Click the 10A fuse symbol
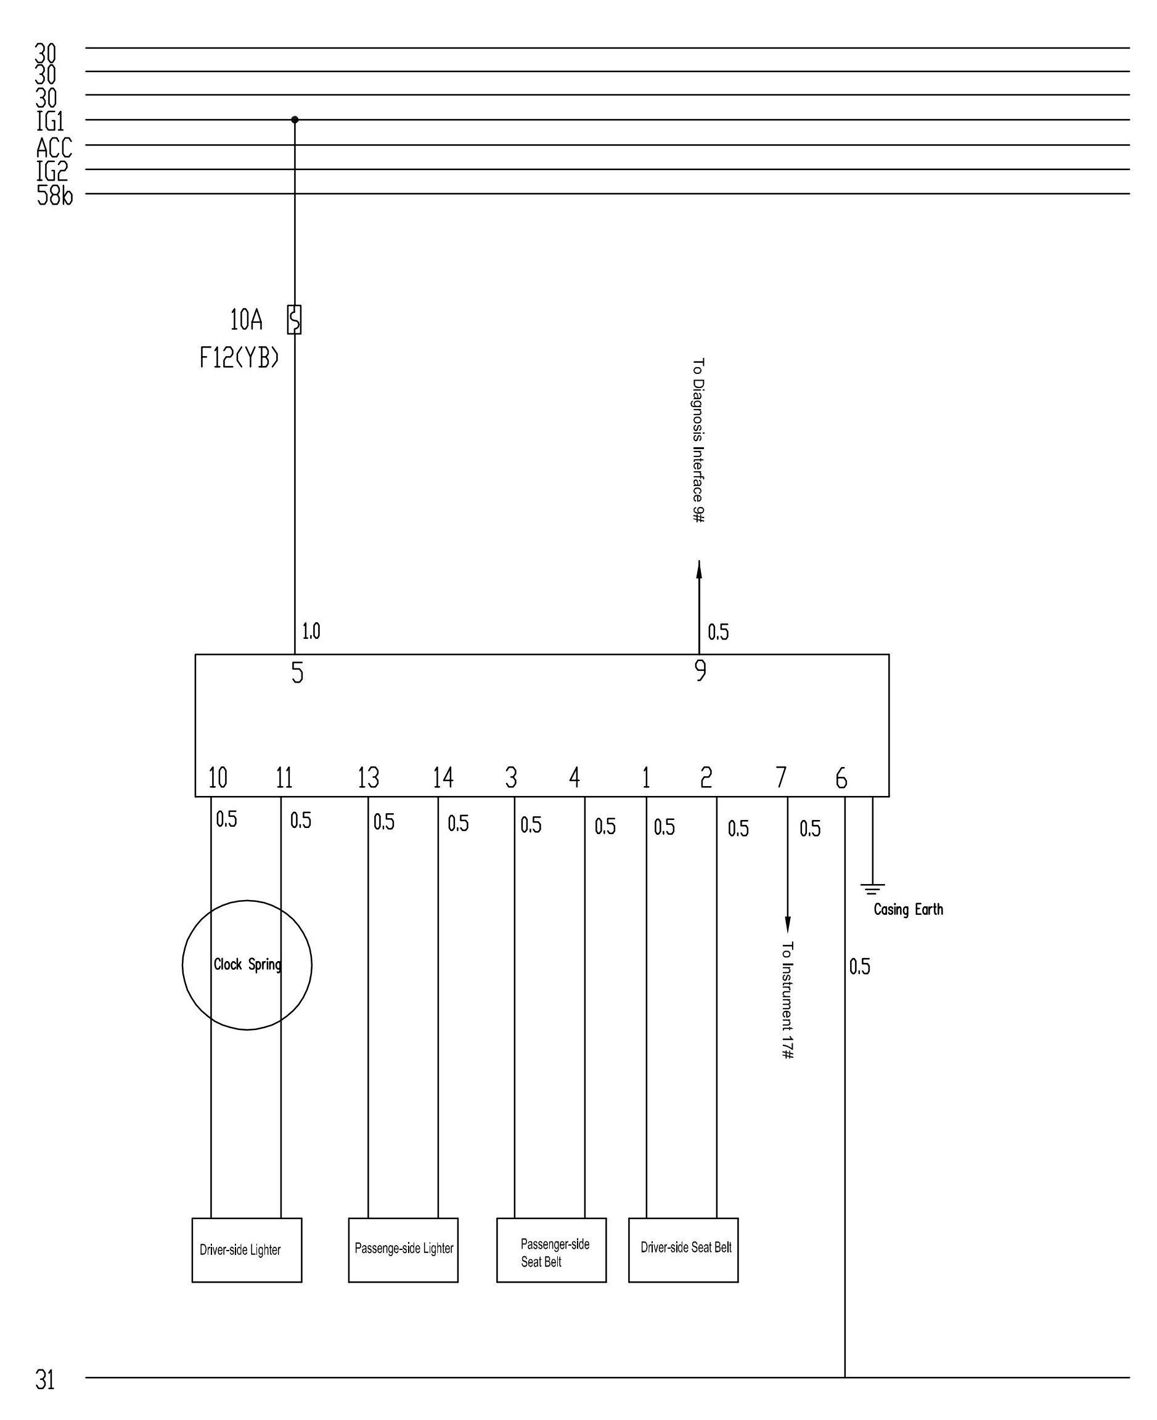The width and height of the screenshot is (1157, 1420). (294, 319)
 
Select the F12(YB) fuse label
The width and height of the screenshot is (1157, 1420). (239, 358)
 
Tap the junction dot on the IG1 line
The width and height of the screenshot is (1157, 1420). (295, 120)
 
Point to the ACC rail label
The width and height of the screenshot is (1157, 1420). (54, 147)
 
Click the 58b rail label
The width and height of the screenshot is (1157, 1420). (55, 195)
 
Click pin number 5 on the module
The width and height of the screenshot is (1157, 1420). (297, 672)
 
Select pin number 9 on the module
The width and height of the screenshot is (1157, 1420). (700, 670)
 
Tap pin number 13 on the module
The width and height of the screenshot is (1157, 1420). (368, 777)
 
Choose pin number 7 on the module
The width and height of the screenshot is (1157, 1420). (781, 777)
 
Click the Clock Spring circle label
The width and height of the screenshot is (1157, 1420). (247, 964)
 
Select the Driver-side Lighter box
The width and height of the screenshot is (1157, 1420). (247, 1250)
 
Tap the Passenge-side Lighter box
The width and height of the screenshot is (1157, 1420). (403, 1250)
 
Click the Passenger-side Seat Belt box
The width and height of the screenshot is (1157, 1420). (551, 1250)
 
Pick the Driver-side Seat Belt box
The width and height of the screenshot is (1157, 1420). (683, 1250)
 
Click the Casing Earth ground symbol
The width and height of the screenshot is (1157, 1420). (872, 888)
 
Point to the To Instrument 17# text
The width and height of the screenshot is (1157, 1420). (787, 1000)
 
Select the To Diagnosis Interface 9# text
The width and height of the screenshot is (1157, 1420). (698, 440)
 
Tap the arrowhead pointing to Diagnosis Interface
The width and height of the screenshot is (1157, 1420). (699, 569)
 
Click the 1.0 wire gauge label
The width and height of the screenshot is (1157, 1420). (311, 631)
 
